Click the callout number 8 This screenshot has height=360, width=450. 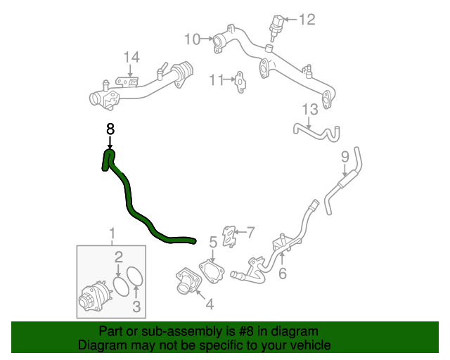coord(110,129)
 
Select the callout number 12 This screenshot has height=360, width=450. coord(307,20)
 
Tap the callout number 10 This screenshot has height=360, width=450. coord(193,38)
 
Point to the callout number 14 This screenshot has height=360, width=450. coord(131,57)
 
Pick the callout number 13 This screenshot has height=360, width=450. coord(310,109)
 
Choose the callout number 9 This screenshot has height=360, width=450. coord(345,155)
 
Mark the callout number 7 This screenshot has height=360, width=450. coord(250,231)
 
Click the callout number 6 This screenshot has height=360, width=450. coord(282,274)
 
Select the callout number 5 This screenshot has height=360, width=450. coord(212,243)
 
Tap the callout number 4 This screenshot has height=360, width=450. coord(209,304)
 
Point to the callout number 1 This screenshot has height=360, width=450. coord(111,233)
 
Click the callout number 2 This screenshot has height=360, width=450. coord(120,257)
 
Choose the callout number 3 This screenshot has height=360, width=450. coord(136,306)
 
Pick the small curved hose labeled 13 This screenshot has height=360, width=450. coord(316,131)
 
